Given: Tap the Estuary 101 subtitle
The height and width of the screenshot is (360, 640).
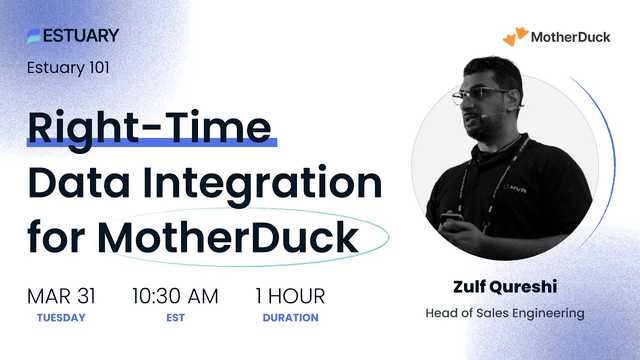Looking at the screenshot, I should coord(68,68).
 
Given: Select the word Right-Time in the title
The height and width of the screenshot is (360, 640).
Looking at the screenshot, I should coord(150,128).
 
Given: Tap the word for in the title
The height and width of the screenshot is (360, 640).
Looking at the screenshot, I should coord(57,239).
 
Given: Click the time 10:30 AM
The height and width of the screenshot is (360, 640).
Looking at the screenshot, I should coord(176,296).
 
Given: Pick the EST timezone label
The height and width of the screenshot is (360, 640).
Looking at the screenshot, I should coord(176,318).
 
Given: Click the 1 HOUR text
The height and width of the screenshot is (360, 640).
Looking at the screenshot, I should coord(290,296).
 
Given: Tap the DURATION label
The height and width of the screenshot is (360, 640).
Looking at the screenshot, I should coord(290,318).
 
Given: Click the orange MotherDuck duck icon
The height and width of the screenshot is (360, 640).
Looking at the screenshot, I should coord(514,37).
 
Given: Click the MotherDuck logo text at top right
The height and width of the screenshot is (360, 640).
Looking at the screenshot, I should coord(571,37).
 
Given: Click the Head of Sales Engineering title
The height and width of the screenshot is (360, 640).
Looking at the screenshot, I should coord(505,314).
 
